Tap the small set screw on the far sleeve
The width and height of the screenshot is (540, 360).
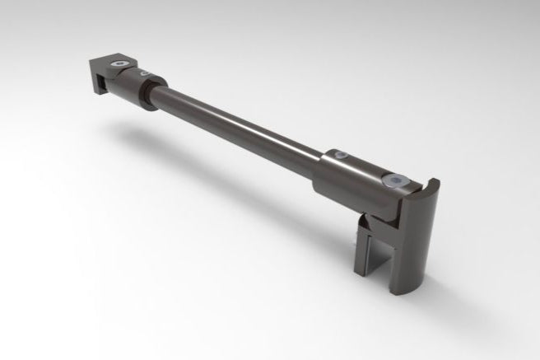point(147,74)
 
